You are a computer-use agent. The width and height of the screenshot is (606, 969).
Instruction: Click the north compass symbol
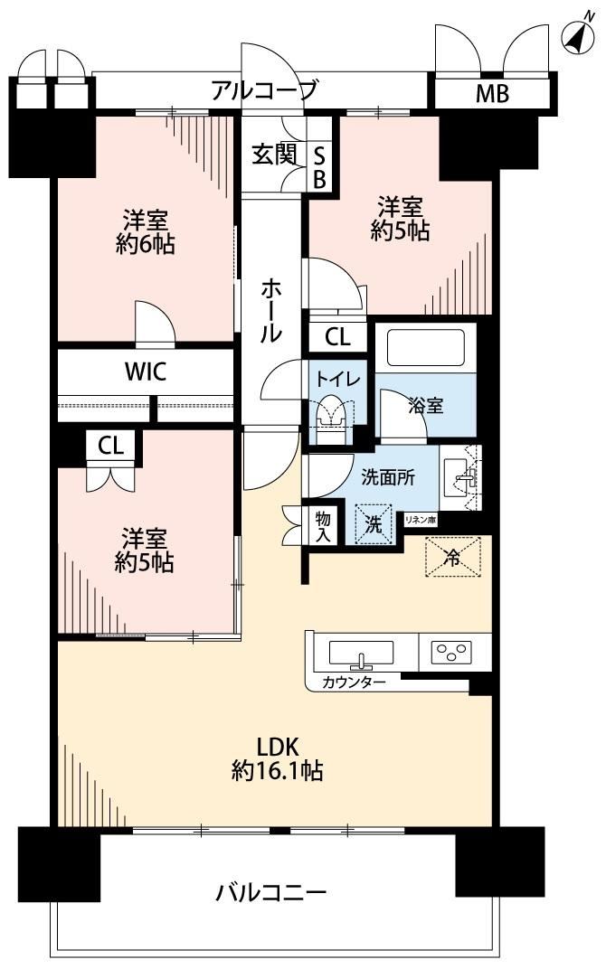[578, 37]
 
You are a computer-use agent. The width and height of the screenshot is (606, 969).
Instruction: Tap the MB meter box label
[492, 93]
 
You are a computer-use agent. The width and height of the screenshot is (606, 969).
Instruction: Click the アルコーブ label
[265, 90]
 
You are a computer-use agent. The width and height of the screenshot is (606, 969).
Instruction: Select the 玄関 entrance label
[274, 155]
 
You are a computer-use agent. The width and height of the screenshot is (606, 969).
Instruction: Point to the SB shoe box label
[319, 167]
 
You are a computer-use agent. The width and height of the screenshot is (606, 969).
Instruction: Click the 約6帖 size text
[146, 245]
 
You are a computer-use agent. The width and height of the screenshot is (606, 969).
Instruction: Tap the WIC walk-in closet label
[146, 372]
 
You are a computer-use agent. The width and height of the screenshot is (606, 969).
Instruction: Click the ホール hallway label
[271, 310]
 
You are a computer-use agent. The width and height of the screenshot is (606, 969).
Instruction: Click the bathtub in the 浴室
[425, 347]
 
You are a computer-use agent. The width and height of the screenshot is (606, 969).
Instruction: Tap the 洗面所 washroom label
[388, 477]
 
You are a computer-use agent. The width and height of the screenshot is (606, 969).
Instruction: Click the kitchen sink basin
[361, 654]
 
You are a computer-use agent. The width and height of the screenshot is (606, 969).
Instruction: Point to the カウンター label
[354, 682]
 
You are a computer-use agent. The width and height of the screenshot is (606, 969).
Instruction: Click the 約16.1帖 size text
[278, 771]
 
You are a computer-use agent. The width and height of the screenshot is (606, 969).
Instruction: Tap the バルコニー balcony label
[270, 892]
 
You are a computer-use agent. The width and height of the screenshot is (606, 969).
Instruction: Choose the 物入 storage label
[323, 526]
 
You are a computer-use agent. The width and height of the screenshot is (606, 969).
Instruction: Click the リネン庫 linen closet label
[421, 520]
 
